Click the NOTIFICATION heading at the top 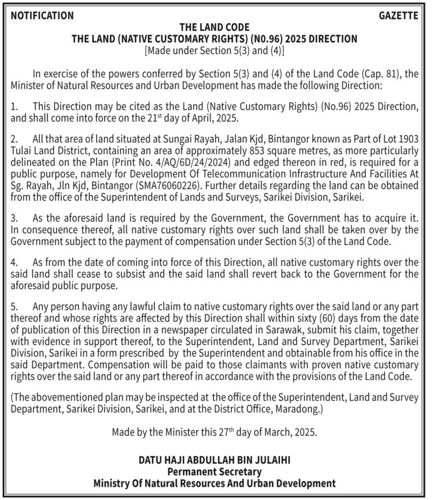pos(42,16)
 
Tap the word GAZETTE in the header pos(398,16)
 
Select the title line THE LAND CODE pos(214,27)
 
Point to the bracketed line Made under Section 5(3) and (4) pos(214,50)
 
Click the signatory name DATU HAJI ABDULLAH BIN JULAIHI pos(214,461)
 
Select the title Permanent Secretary pos(214,472)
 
